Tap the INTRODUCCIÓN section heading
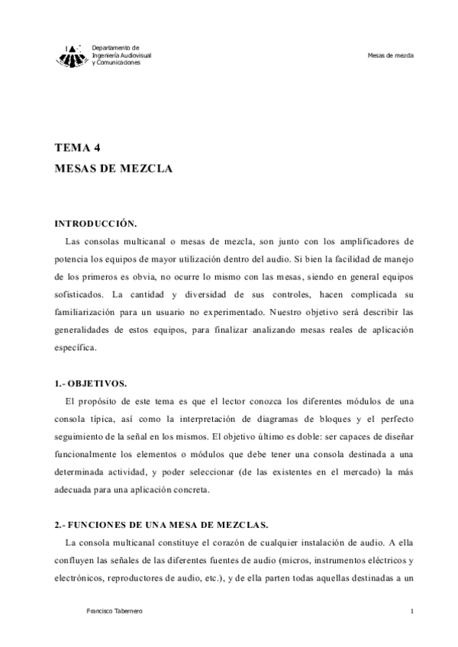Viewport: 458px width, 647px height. pyautogui.click(x=95, y=224)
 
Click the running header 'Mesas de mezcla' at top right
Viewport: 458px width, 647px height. pyautogui.click(x=390, y=56)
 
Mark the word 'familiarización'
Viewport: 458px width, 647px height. pyautogui.click(x=87, y=311)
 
